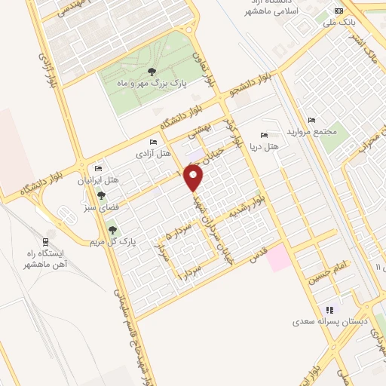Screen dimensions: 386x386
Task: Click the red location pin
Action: pos(195,177)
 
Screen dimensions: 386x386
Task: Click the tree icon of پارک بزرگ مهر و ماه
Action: pos(153,72)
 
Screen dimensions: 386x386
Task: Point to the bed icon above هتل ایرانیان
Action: pos(98,168)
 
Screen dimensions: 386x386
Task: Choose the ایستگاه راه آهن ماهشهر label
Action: pos(64,259)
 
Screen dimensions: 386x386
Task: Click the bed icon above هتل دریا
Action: pos(263,134)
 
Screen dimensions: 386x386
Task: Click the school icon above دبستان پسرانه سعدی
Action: pos(329,309)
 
